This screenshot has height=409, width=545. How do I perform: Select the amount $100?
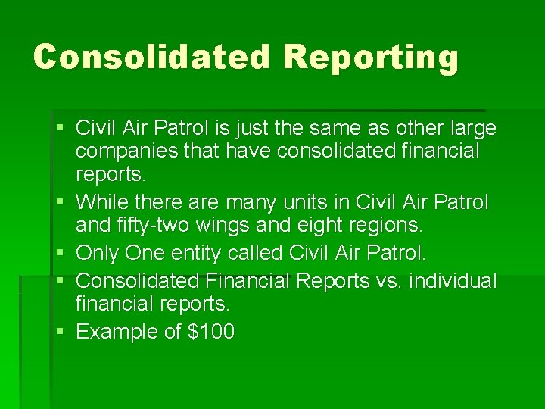(x=208, y=331)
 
